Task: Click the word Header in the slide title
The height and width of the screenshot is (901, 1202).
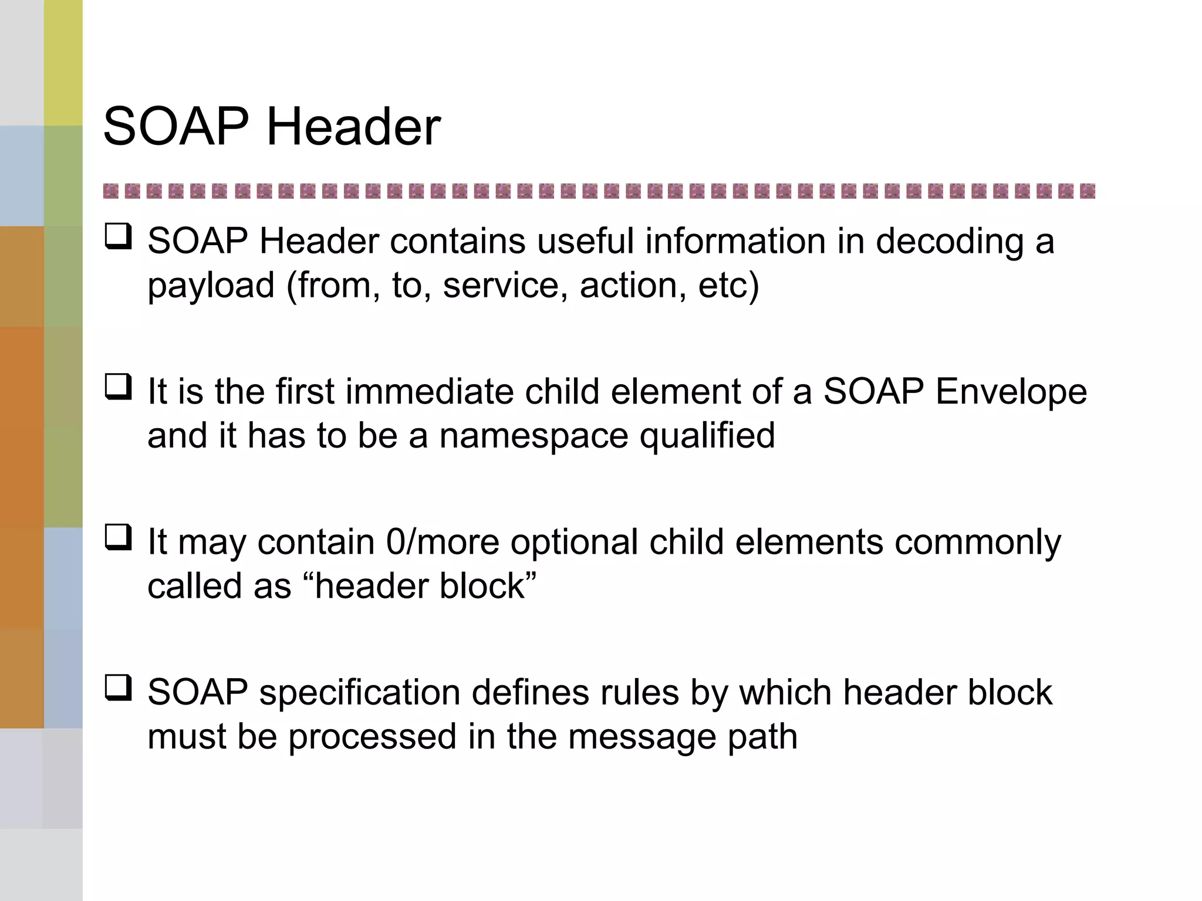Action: point(353,127)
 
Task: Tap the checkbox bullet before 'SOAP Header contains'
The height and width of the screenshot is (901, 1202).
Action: point(118,237)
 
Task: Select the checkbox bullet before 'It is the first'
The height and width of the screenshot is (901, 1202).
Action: point(118,387)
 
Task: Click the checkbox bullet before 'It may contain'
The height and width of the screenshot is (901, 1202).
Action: point(118,537)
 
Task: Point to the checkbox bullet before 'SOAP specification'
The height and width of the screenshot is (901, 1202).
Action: point(118,688)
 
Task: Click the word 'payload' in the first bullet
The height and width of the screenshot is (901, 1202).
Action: point(211,286)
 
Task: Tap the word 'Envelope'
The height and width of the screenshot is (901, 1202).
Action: point(1011,391)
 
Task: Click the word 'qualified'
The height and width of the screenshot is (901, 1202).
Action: point(707,436)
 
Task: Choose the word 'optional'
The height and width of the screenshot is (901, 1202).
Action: point(574,543)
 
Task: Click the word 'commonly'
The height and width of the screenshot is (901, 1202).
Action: point(978,543)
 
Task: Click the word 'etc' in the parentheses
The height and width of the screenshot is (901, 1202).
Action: point(722,286)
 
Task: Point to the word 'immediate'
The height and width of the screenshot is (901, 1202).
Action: point(429,391)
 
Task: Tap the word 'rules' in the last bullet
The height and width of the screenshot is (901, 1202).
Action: point(639,692)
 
